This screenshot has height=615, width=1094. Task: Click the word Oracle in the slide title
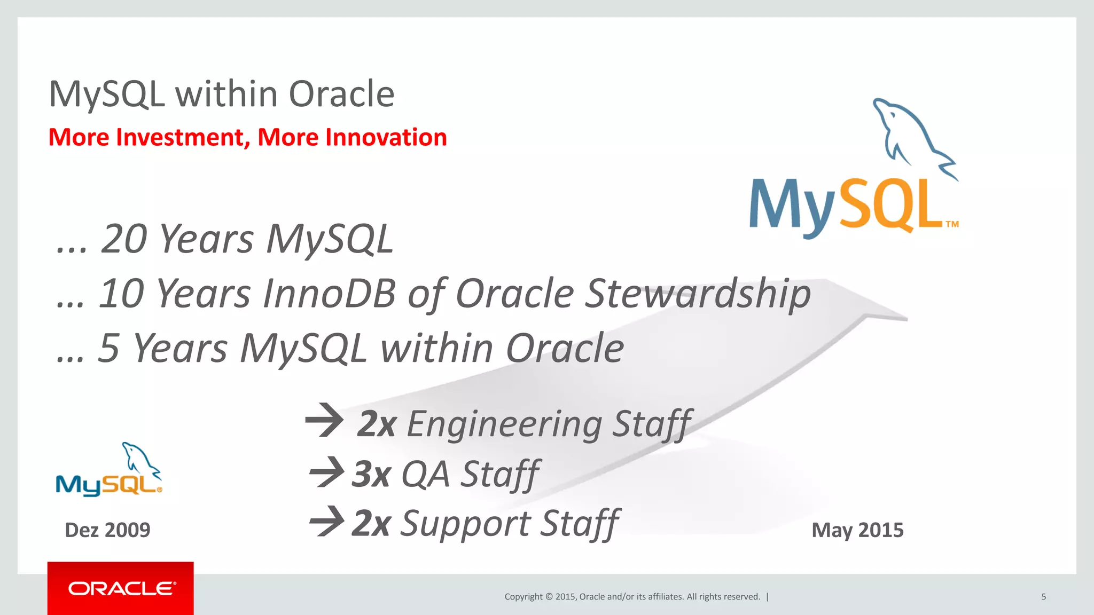pos(341,94)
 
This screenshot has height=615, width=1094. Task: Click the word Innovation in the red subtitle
pos(386,138)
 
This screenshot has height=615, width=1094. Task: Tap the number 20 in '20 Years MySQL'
pos(123,239)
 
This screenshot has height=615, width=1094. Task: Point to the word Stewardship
pos(697,294)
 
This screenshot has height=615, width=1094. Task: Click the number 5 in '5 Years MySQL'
pos(108,348)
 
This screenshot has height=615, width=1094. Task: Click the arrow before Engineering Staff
pos(324,421)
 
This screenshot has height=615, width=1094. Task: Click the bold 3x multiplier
pos(372,474)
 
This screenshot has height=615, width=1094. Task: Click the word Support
pos(465,524)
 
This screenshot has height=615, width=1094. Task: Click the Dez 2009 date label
pos(107,530)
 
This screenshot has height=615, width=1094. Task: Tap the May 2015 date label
pos(857,530)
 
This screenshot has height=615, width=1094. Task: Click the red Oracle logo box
pos(121,588)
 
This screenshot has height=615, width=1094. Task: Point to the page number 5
pos(1043,597)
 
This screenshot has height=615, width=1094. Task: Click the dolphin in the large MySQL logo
pos(911,136)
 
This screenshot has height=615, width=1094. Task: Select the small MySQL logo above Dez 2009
pos(108,471)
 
